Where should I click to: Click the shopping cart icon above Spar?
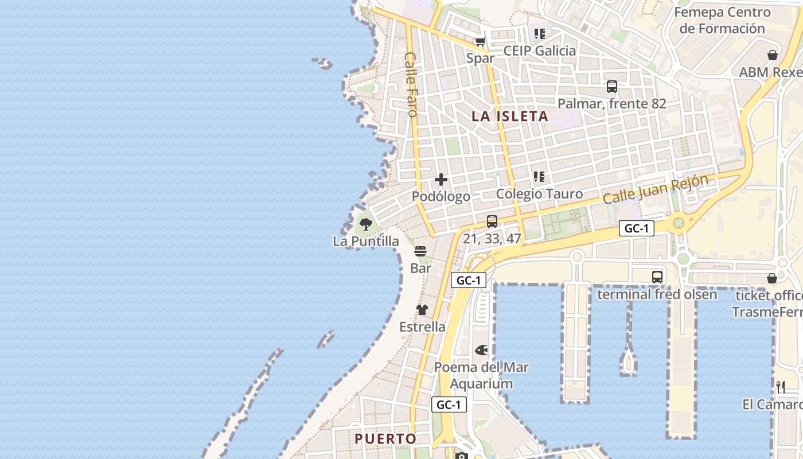click(480, 41)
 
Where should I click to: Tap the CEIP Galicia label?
click(539, 50)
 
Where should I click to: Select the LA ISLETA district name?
click(510, 116)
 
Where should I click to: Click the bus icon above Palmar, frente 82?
click(612, 87)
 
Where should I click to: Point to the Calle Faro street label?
click(411, 84)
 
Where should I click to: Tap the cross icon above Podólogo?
click(441, 180)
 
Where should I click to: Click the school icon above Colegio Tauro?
click(539, 177)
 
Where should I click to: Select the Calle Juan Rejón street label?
click(655, 189)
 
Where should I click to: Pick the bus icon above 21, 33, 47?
click(492, 221)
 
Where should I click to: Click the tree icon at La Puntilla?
click(365, 224)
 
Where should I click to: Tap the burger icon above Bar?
click(420, 251)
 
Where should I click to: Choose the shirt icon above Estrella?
click(422, 310)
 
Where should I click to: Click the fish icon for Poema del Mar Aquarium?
click(481, 350)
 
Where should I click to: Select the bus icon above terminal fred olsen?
click(657, 277)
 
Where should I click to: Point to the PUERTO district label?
click(385, 439)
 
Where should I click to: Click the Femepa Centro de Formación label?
click(722, 20)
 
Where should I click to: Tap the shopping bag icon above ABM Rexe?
click(773, 55)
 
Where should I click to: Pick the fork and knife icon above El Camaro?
click(781, 387)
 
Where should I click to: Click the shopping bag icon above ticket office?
click(772, 279)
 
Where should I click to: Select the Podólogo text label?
click(441, 196)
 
